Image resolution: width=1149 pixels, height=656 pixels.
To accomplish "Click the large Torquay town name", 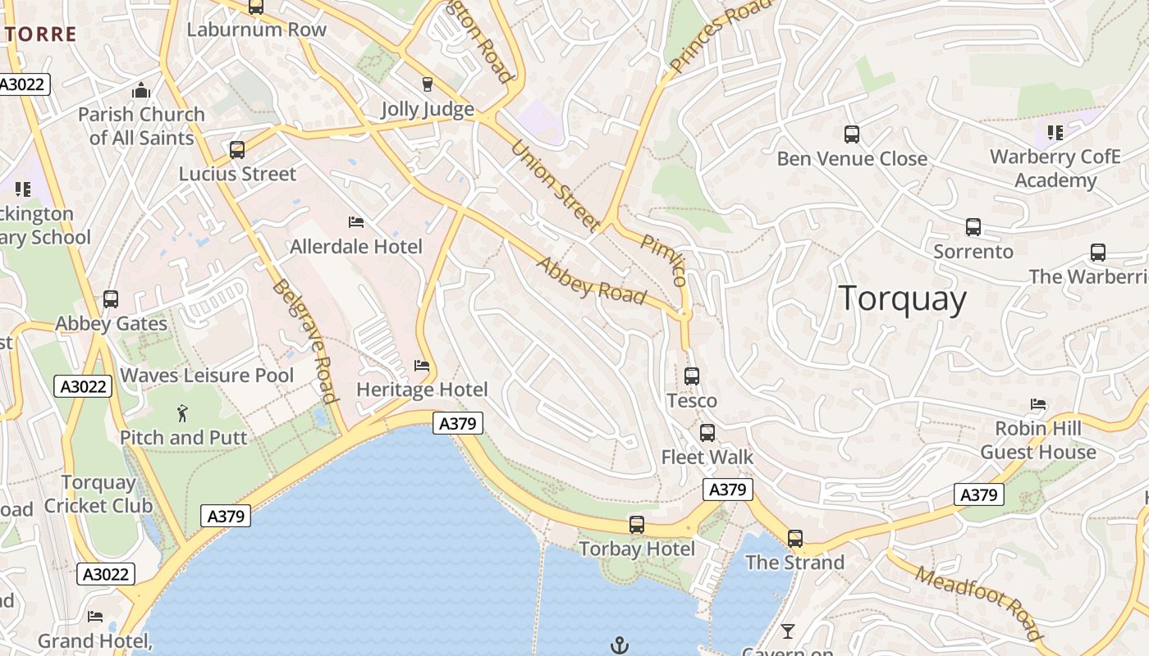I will pyautogui.click(x=903, y=298).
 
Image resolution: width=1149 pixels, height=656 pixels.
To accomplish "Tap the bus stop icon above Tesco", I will pyautogui.click(x=692, y=376).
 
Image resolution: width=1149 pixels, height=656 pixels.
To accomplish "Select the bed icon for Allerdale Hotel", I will pyautogui.click(x=356, y=222).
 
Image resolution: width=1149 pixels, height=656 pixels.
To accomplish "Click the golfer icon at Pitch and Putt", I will pyautogui.click(x=182, y=413).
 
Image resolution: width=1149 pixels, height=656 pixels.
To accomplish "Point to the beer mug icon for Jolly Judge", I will pyautogui.click(x=427, y=84).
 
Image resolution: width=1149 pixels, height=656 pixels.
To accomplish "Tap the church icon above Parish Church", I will pyautogui.click(x=141, y=90).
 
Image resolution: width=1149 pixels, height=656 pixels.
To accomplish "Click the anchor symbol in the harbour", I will pyautogui.click(x=620, y=645).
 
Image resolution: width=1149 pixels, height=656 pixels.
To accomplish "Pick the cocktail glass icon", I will pyautogui.click(x=788, y=631).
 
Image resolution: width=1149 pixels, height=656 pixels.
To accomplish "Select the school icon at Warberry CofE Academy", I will pyautogui.click(x=1055, y=132).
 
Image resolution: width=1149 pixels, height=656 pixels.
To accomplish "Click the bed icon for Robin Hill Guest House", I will pyautogui.click(x=1038, y=404).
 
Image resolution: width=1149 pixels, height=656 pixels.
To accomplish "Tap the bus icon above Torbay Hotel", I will pyautogui.click(x=637, y=525).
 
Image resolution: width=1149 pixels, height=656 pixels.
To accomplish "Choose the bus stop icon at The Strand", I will pyautogui.click(x=794, y=539).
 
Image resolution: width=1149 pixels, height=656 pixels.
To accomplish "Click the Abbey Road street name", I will pyautogui.click(x=591, y=280).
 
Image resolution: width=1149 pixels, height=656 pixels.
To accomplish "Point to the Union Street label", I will pyautogui.click(x=554, y=185).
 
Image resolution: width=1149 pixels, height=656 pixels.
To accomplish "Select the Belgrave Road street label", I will pyautogui.click(x=305, y=341).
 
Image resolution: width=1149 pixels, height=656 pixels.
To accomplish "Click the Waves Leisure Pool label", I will pyautogui.click(x=207, y=376).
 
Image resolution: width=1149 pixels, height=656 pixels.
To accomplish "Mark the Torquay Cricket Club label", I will pyautogui.click(x=98, y=494).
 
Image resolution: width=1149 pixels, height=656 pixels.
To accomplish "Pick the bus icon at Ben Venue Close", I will pyautogui.click(x=852, y=134).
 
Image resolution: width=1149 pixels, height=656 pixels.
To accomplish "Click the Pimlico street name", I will pyautogui.click(x=664, y=259).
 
